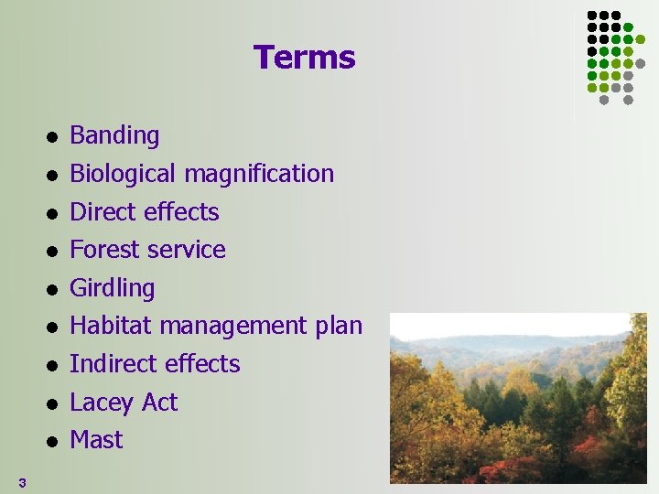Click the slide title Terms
304,58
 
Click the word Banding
114,136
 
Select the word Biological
124,174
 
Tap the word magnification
259,174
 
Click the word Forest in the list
103,250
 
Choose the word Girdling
112,288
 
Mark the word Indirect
113,364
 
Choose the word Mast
96,440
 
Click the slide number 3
21,482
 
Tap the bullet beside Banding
53,137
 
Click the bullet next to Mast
53,442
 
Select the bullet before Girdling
53,289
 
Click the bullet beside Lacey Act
53,403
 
